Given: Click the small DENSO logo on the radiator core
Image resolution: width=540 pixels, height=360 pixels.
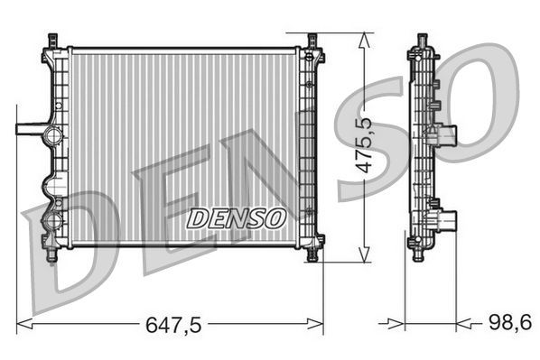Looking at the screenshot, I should (236, 217).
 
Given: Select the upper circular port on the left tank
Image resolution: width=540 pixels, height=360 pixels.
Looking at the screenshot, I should (53, 137).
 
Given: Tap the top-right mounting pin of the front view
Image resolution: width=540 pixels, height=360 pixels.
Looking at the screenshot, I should (312, 42).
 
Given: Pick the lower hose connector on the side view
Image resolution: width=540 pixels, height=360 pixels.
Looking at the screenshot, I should (447, 221).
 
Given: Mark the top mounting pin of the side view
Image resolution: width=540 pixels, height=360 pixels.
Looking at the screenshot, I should (421, 42).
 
